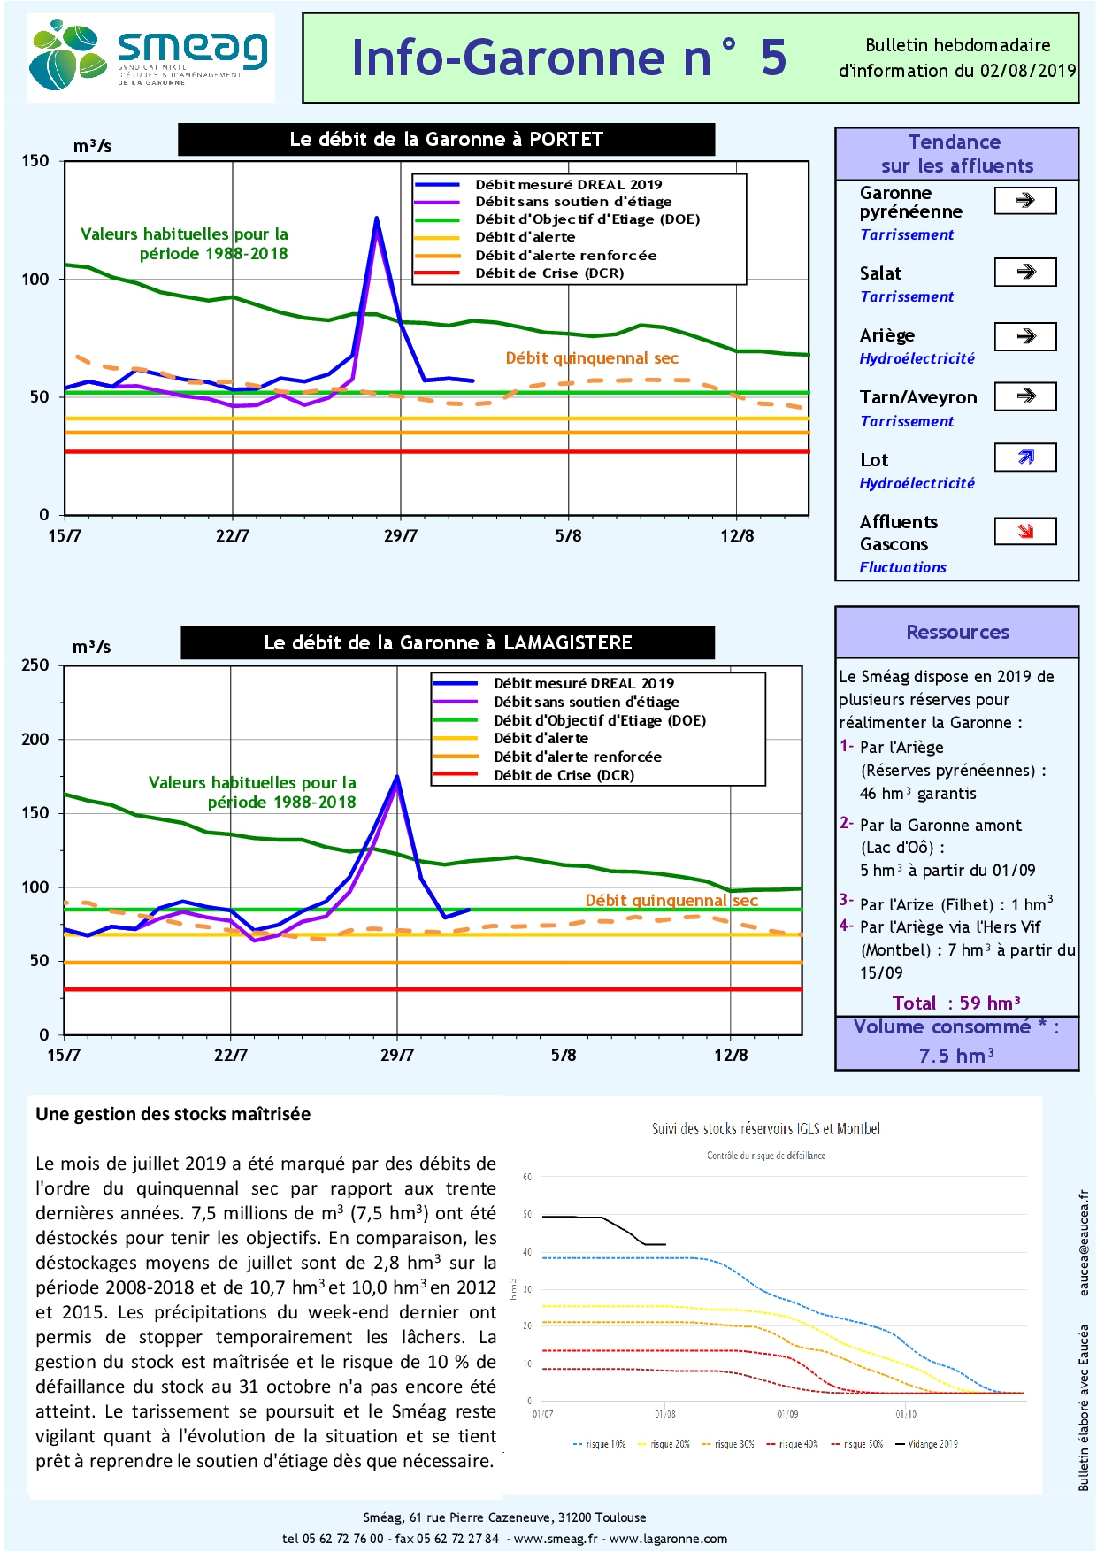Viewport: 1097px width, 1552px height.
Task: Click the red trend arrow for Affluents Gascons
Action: [x=1025, y=531]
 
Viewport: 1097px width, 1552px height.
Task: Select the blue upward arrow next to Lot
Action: [x=1025, y=457]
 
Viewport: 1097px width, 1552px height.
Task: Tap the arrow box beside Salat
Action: [x=1025, y=272]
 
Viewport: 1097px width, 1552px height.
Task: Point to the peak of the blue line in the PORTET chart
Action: [x=377, y=218]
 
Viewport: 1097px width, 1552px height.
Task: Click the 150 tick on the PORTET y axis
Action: [x=35, y=161]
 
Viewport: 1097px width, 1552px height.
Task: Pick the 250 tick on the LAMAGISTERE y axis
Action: [x=35, y=665]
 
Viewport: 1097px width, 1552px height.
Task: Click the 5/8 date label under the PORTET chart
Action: [x=568, y=536]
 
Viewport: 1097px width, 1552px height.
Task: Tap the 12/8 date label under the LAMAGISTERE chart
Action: [x=731, y=1055]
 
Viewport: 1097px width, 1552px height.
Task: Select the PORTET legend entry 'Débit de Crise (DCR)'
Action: [x=548, y=273]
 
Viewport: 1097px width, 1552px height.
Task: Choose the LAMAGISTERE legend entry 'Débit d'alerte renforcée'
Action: [x=577, y=757]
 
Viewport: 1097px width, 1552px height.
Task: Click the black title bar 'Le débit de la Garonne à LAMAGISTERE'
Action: [x=448, y=642]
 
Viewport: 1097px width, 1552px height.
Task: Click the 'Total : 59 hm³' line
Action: [x=956, y=1003]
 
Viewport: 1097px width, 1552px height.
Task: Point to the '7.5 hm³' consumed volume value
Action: [x=956, y=1056]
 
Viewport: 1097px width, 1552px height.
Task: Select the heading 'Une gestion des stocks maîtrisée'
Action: [x=173, y=1114]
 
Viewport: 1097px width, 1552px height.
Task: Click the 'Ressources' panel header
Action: [x=957, y=632]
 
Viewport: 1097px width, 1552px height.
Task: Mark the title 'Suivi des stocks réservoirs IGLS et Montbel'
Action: [x=765, y=1129]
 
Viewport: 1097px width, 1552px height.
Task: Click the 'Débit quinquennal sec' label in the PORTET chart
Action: [x=591, y=358]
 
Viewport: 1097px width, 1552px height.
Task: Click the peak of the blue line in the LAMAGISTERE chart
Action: [x=397, y=777]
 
